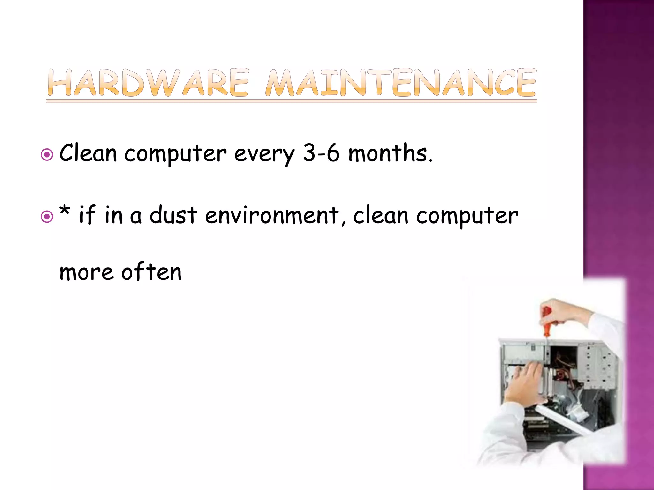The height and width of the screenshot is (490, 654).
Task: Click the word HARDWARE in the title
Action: (148, 82)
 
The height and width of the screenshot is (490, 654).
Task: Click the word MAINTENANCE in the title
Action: (401, 82)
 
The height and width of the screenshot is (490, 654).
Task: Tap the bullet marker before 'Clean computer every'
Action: (47, 155)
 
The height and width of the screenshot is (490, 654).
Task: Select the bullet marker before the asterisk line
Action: (47, 217)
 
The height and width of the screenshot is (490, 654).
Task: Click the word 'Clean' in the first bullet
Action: (88, 153)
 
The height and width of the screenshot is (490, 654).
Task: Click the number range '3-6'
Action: (321, 153)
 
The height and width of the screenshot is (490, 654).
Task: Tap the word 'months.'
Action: (390, 153)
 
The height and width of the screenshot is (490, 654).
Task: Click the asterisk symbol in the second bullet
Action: (65, 211)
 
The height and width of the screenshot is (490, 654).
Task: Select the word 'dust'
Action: (173, 215)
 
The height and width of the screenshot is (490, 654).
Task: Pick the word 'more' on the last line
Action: (86, 273)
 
